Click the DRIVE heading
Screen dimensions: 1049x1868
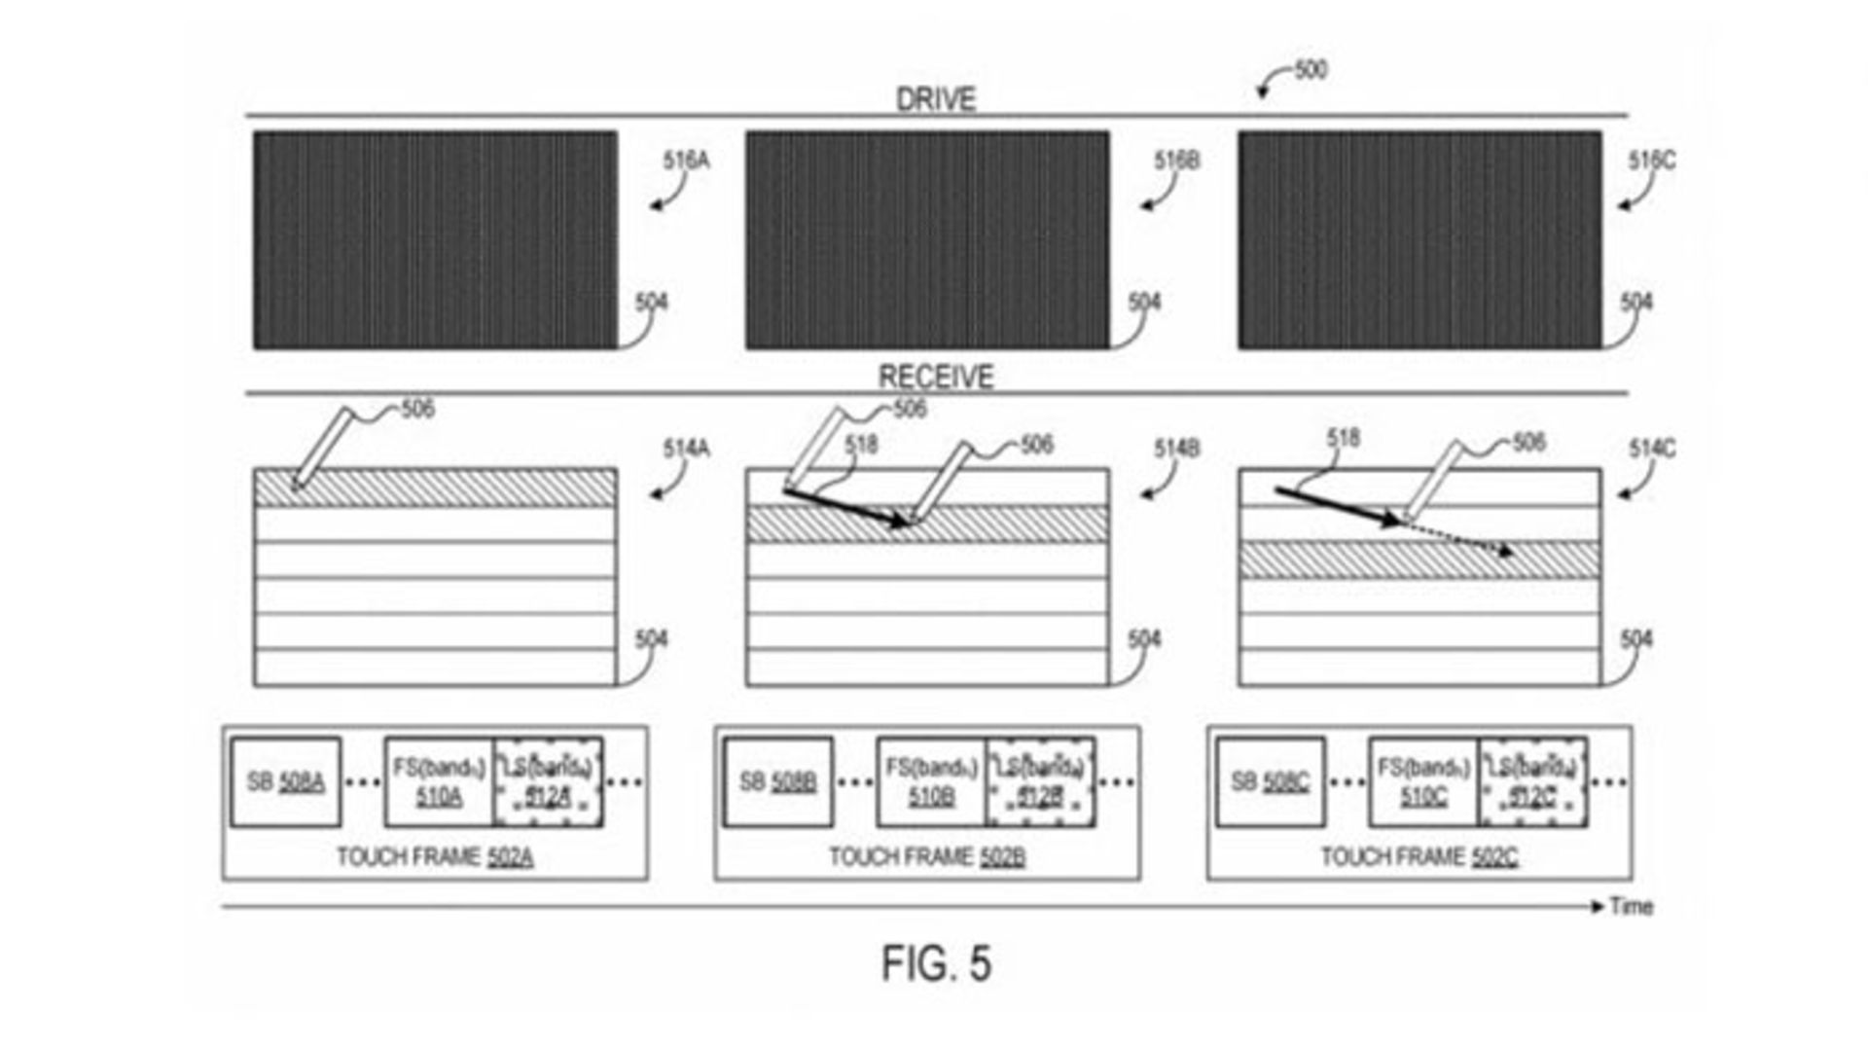pos(935,99)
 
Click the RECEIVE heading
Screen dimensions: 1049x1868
pos(936,377)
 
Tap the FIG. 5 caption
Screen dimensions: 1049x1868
pos(936,963)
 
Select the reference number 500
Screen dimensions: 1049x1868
pos(1310,70)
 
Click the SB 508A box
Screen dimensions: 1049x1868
pos(286,782)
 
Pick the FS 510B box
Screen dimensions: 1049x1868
pos(931,782)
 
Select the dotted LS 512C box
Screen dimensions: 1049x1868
pos(1533,782)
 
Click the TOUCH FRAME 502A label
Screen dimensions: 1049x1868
pos(434,857)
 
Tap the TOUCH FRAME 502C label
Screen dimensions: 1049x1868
pos(1419,857)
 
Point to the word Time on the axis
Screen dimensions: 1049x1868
pos(1631,906)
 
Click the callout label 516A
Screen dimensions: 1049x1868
pos(686,161)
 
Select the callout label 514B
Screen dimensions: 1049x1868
pos(1176,449)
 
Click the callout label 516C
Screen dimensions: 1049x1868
pos(1652,161)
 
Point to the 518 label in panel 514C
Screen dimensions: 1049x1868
pos(1343,439)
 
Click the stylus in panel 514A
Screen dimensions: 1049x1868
pos(321,447)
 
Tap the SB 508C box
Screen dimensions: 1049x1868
pos(1270,782)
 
